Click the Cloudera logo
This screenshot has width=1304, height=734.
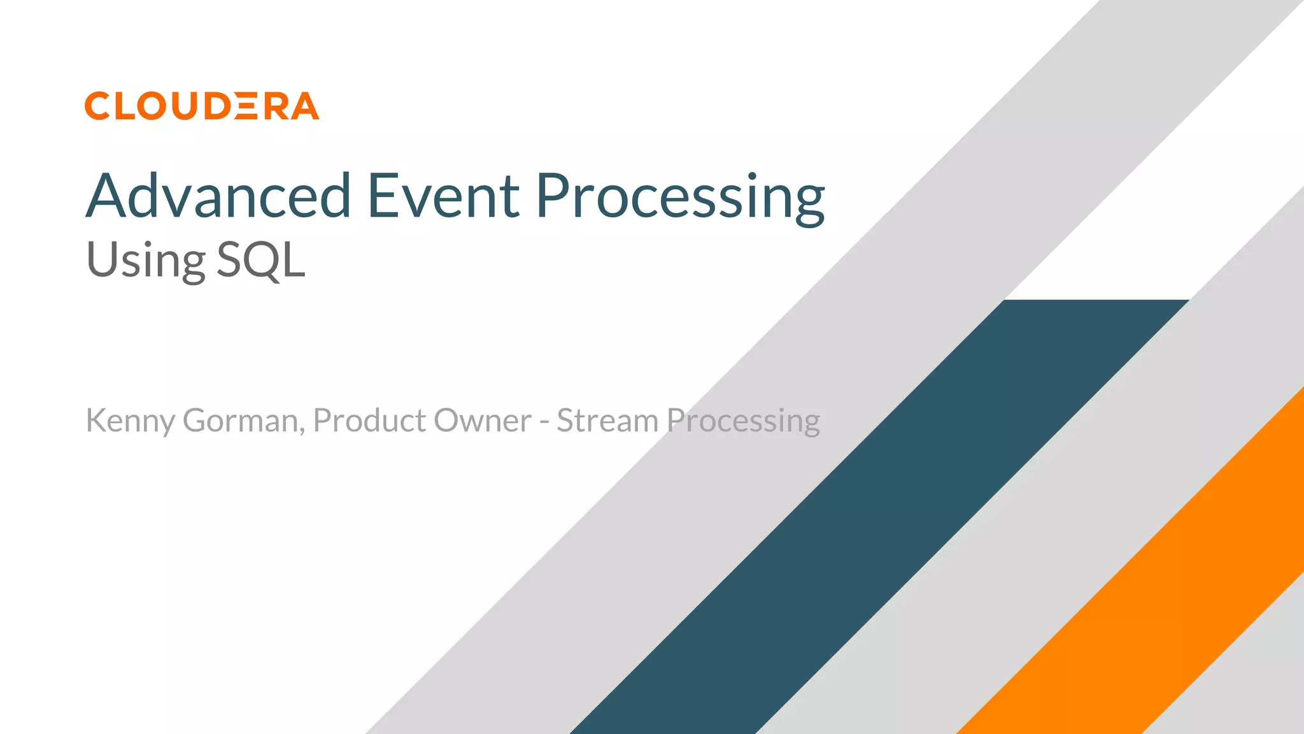pos(201,106)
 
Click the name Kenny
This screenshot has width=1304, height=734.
pos(130,421)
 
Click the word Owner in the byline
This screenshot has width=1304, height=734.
pos(483,421)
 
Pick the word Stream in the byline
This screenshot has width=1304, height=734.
pos(607,421)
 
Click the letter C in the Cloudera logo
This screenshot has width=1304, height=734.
pos(98,106)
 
